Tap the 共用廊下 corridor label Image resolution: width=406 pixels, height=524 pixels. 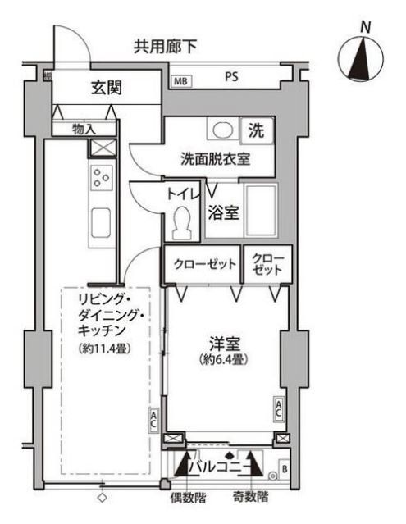pyautogui.click(x=166, y=47)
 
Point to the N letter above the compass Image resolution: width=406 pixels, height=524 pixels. pyautogui.click(x=365, y=26)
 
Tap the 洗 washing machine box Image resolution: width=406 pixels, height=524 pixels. pyautogui.click(x=257, y=130)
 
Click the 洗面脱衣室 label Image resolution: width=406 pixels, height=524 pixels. pyautogui.click(x=215, y=159)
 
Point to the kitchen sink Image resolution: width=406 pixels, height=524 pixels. pyautogui.click(x=101, y=221)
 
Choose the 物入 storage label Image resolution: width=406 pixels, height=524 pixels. pyautogui.click(x=84, y=129)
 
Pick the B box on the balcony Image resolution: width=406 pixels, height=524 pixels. pyautogui.click(x=284, y=469)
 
